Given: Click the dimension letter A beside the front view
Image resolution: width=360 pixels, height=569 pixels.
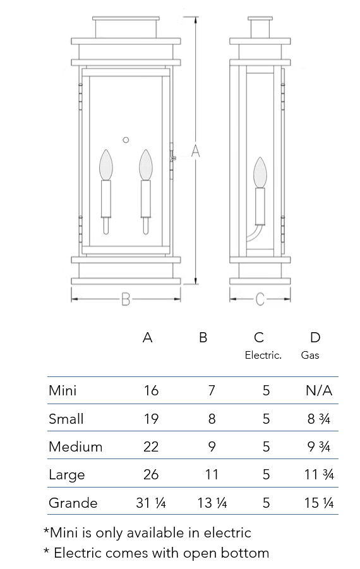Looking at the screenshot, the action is tap(195, 150).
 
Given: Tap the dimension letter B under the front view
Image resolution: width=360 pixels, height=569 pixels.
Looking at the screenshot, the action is tap(125, 299).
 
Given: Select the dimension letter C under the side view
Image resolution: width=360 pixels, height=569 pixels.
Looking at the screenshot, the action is tap(260, 299).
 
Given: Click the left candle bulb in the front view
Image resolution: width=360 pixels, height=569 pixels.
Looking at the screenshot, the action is tap(106, 165).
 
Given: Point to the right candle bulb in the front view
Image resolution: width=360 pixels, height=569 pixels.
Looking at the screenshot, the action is tap(145, 165).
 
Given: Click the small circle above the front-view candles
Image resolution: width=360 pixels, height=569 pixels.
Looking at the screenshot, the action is tap(126, 140).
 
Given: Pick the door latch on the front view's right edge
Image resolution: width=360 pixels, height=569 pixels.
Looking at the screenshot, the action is tap(173, 158).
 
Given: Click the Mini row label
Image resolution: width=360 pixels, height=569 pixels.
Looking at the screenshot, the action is tap(63, 390).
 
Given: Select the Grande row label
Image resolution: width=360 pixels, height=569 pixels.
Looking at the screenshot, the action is tap(73, 503).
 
